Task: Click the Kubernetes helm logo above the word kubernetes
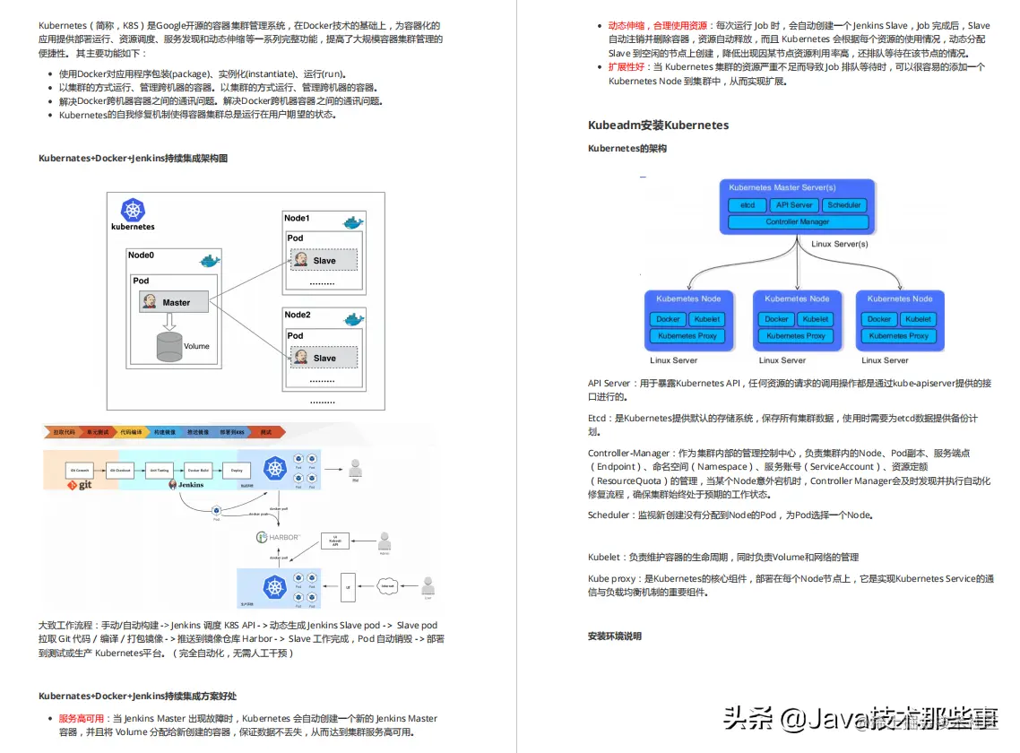pos(134,211)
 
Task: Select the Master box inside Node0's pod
pos(174,302)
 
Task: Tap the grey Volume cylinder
pos(169,346)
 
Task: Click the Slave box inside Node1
pos(324,261)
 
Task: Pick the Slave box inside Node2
pos(324,358)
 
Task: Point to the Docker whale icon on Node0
pos(209,261)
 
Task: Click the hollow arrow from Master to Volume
pos(169,322)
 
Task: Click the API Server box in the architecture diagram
pos(794,205)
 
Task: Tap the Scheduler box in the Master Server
pos(843,205)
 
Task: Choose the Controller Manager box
pos(797,221)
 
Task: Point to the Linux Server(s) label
pos(839,244)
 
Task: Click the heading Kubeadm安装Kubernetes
pos(658,125)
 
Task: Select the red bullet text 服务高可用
pos(81,718)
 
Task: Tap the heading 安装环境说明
pos(614,636)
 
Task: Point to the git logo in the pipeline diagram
pos(80,485)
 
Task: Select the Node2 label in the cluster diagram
pos(297,315)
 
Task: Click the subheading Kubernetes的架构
pos(627,149)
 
